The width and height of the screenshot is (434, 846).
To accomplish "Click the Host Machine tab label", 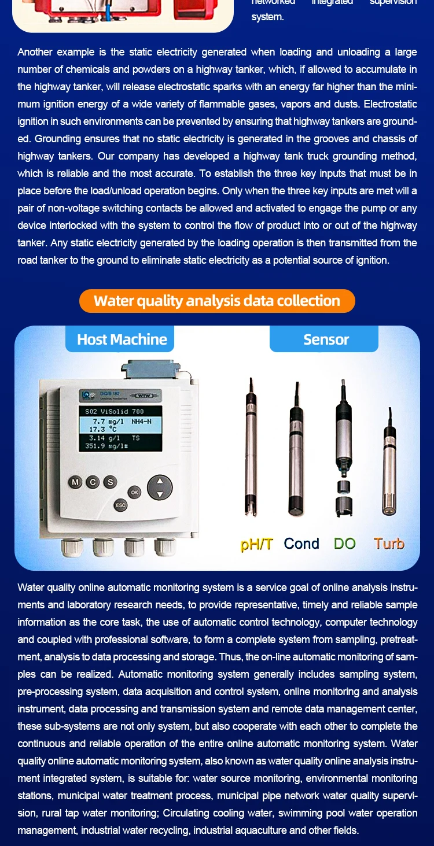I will tap(122, 339).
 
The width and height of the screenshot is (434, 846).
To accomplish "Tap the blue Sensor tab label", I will tap(326, 339).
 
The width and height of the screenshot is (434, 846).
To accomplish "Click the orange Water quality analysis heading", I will tap(217, 301).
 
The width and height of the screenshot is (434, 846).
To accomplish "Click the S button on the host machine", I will tap(109, 482).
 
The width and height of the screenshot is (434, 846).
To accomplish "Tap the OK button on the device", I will tap(134, 492).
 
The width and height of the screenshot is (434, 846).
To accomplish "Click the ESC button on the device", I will tap(120, 505).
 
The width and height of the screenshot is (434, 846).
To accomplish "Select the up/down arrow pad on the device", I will tap(160, 487).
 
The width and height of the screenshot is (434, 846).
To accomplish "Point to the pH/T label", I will tap(256, 544).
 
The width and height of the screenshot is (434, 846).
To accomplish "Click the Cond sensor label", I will tap(301, 544).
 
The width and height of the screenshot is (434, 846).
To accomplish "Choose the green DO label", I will tap(345, 544).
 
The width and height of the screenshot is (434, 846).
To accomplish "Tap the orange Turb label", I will tap(389, 544).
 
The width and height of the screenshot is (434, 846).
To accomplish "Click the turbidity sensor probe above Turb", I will tap(389, 468).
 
